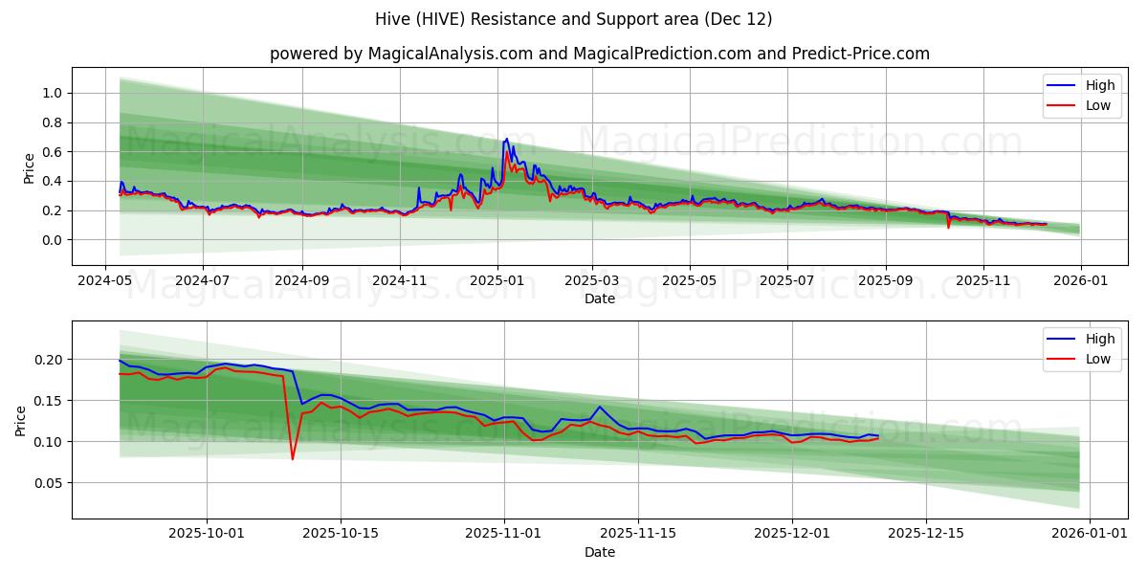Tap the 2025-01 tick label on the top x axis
(497, 282)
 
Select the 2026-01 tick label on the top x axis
(1081, 282)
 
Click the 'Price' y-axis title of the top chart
(29, 167)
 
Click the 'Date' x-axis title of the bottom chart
(599, 552)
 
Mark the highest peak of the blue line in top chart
(506, 139)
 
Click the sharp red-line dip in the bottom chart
(293, 458)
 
